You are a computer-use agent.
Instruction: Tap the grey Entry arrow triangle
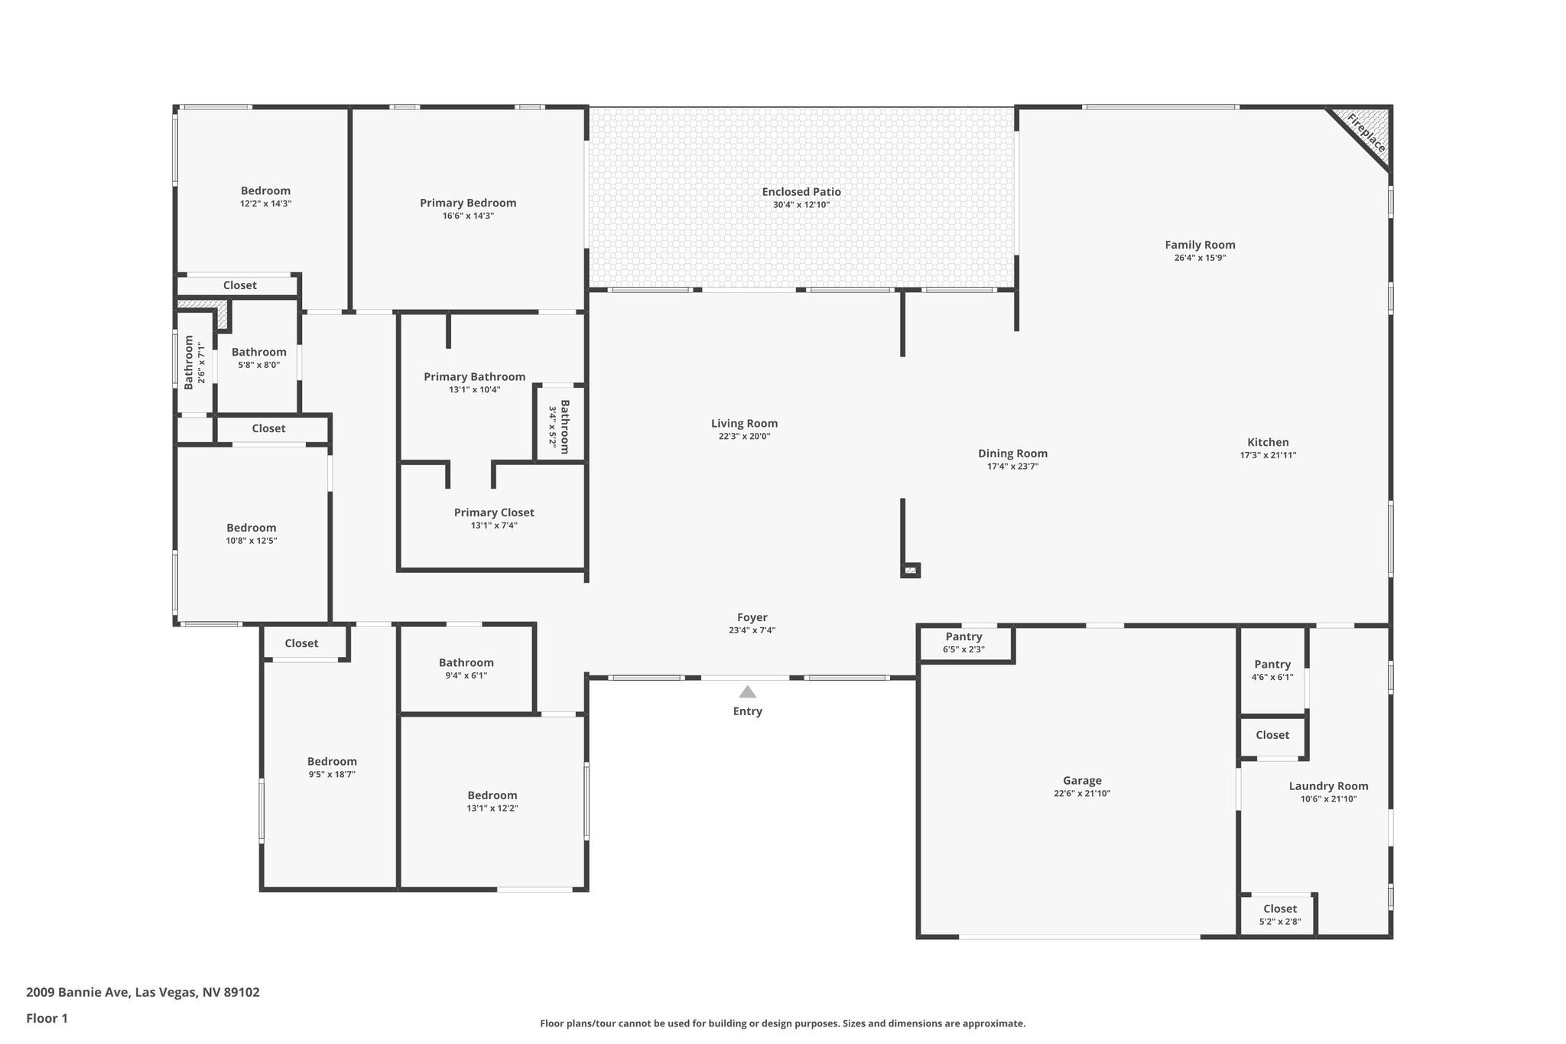747,692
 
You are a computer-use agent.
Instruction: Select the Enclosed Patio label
801,192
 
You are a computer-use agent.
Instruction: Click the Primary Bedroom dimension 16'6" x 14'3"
467,216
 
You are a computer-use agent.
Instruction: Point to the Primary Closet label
494,512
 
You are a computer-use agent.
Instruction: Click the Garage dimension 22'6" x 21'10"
1081,794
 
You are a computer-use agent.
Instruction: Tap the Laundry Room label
1328,786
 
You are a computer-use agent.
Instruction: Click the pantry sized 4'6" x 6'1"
1272,670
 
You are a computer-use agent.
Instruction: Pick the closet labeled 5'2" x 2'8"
1279,915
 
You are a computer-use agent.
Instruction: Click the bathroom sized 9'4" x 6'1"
466,668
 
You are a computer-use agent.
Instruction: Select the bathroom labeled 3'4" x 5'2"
559,426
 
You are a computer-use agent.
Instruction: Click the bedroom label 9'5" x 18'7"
332,774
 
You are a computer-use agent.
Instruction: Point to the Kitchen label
1268,442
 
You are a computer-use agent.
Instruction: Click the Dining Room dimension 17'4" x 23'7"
1012,467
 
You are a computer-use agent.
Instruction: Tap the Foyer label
752,617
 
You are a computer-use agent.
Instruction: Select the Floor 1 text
47,1019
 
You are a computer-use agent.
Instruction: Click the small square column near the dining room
911,570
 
